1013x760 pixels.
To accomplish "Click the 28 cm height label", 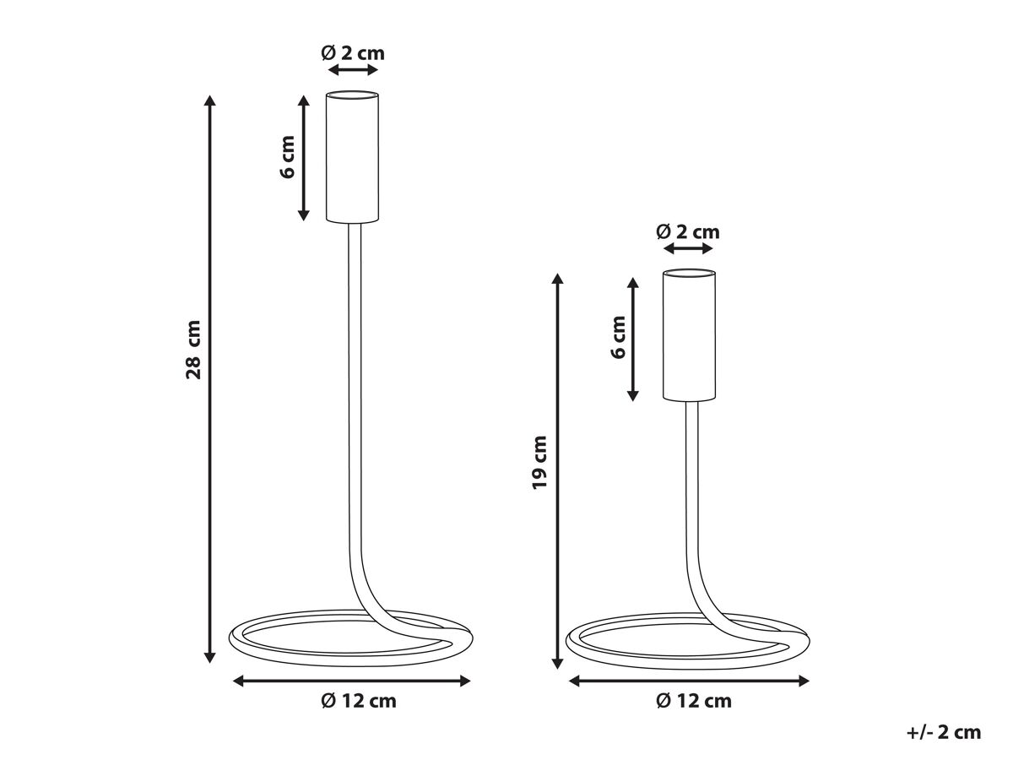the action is [193, 350].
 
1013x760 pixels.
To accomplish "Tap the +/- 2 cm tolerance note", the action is [944, 732].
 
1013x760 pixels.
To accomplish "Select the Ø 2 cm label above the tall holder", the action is [353, 53].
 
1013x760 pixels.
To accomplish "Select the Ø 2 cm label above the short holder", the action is [688, 231].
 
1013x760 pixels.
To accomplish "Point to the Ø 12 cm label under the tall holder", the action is [359, 701].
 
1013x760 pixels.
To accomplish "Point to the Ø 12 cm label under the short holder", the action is [694, 701].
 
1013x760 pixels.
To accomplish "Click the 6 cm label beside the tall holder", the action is [287, 157].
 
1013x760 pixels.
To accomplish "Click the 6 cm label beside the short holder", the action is [618, 337].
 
